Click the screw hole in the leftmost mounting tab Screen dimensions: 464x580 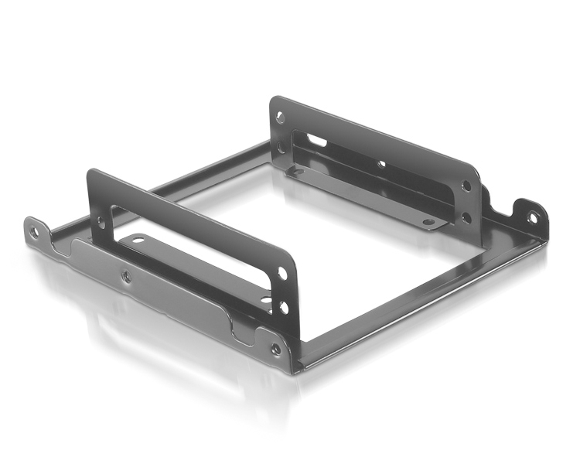click(32, 230)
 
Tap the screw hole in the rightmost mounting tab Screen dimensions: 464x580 click(532, 217)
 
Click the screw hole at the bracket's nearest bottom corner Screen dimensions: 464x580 click(275, 349)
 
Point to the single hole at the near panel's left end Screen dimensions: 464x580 click(100, 222)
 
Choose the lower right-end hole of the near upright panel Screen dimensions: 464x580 click(284, 307)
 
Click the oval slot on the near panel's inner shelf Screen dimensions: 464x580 click(138, 241)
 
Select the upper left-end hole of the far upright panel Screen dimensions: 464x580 click(279, 118)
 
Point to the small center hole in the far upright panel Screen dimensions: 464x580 click(380, 164)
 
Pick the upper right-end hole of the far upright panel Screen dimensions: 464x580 click(466, 186)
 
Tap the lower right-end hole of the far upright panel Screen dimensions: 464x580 click(466, 217)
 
